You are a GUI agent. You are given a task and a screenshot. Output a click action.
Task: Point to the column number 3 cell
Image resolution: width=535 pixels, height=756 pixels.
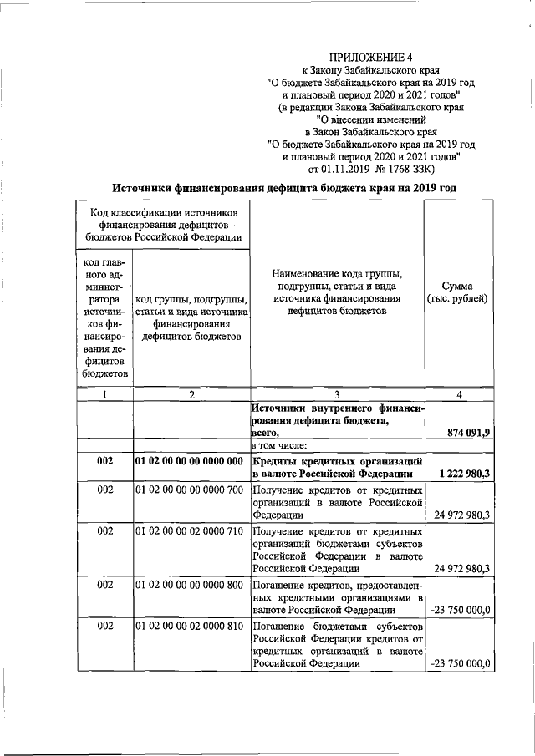click(336, 395)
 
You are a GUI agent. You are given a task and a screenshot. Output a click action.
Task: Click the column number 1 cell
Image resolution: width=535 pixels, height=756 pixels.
click(104, 395)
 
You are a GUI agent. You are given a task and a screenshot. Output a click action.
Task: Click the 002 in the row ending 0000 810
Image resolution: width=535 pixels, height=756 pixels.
click(104, 626)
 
